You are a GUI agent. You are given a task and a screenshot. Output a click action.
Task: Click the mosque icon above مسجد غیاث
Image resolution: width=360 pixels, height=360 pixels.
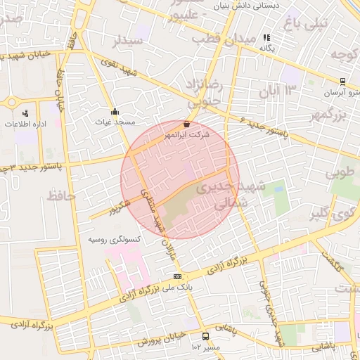pyautogui.click(x=115, y=111)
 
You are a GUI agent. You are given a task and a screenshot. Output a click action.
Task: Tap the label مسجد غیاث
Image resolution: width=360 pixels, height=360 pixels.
pyautogui.click(x=115, y=122)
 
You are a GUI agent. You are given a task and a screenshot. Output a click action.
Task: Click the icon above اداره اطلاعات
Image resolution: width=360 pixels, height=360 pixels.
pyautogui.click(x=25, y=113)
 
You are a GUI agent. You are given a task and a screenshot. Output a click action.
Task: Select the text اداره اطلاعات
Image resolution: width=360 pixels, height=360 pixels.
pyautogui.click(x=25, y=124)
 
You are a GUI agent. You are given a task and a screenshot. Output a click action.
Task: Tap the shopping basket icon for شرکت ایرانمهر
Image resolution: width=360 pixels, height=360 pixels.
pyautogui.click(x=186, y=124)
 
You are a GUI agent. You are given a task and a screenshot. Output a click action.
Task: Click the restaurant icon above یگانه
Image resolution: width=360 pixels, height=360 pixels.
pyautogui.click(x=266, y=37)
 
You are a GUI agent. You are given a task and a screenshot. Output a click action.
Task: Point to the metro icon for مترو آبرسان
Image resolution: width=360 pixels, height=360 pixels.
pyautogui.click(x=342, y=82)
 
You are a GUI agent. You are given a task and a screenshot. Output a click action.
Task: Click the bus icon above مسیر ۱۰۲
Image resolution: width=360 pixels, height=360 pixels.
pyautogui.click(x=205, y=336)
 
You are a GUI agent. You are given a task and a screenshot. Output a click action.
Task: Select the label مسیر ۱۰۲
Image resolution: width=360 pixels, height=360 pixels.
pyautogui.click(x=206, y=347)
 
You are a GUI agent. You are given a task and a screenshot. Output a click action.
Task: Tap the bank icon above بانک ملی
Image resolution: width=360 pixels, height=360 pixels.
pyautogui.click(x=177, y=276)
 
